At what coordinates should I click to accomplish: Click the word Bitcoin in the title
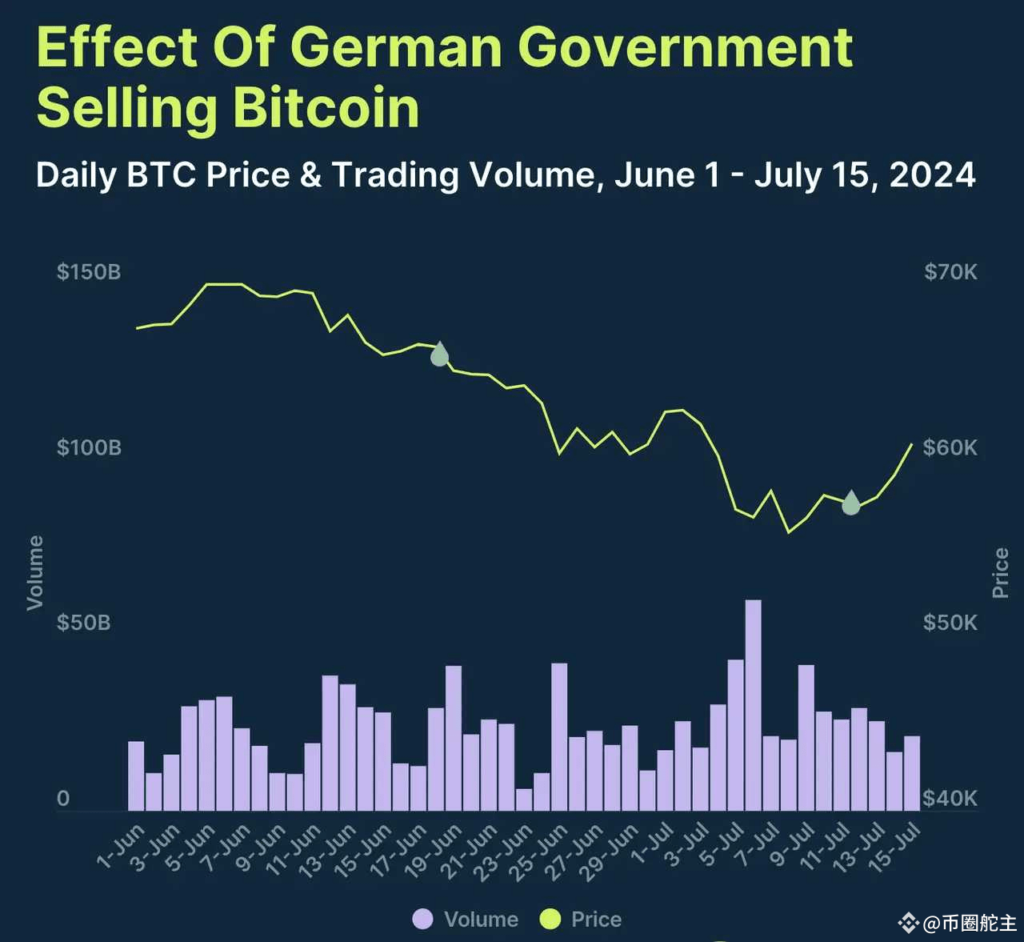[326, 108]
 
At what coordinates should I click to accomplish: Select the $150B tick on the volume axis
[88, 272]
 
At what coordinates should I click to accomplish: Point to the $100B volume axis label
[89, 447]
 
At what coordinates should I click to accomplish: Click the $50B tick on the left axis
[83, 623]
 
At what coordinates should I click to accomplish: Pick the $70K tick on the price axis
[950, 272]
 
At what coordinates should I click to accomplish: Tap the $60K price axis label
[950, 447]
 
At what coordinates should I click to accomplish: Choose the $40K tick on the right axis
[950, 798]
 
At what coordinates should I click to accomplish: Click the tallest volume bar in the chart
[753, 704]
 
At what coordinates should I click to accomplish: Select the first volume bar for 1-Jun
[136, 776]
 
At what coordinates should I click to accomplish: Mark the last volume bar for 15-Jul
[912, 773]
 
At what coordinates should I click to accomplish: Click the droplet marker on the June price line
[439, 355]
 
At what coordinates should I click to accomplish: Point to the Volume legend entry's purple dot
[422, 920]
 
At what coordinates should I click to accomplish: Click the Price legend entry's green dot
[550, 920]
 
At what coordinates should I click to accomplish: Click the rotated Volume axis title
[35, 572]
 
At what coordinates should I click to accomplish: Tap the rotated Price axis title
[1000, 573]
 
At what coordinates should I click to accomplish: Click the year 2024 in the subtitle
[932, 175]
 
